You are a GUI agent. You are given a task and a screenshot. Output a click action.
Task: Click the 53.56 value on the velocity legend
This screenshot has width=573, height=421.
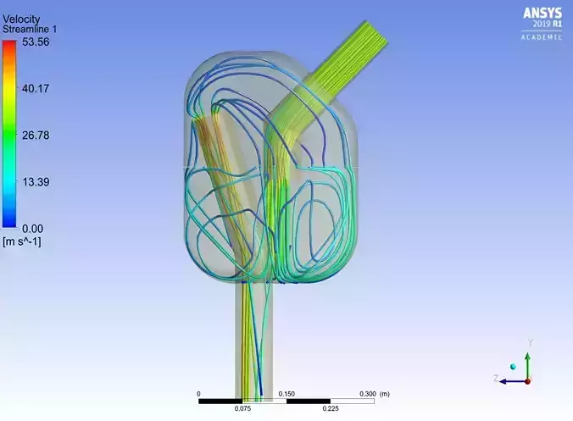point(36,42)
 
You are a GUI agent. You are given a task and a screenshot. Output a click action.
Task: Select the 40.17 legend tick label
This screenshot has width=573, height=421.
point(36,88)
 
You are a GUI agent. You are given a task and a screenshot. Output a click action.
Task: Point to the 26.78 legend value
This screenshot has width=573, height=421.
point(36,135)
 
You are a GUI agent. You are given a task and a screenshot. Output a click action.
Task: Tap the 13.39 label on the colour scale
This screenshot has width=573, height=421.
point(36,182)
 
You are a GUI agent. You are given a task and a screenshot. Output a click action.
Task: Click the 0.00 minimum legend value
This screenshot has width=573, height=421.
point(32,229)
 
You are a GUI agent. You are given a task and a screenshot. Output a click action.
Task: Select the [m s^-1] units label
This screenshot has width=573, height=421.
point(22,241)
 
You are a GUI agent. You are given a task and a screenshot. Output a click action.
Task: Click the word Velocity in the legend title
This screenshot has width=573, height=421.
point(21,19)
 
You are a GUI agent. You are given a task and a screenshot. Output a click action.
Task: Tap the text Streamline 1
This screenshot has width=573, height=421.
point(30,29)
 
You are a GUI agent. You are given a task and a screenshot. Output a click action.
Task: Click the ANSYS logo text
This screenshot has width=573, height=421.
point(542,14)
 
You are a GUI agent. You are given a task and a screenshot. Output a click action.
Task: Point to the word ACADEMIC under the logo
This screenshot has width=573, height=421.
point(542,37)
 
